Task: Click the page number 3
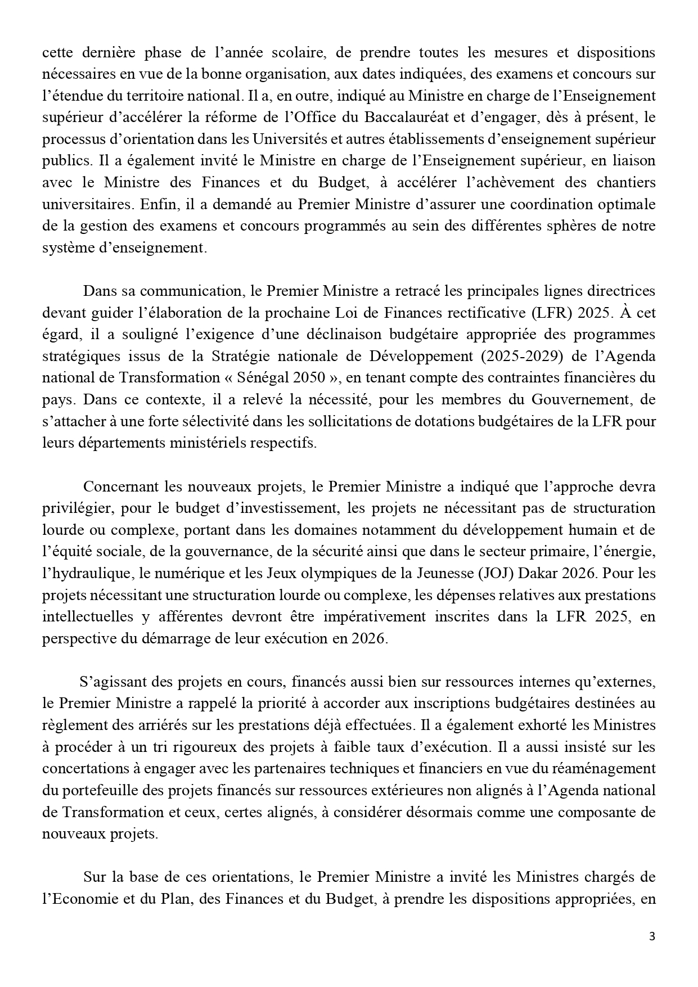(x=652, y=936)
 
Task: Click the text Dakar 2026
(x=556, y=573)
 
